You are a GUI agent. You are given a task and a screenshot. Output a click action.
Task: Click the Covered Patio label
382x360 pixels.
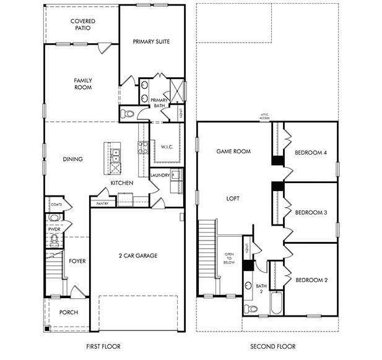[x=82, y=25]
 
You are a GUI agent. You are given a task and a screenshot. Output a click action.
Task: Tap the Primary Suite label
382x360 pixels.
[x=151, y=41]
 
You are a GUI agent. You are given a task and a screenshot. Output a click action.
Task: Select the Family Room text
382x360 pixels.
[x=82, y=84]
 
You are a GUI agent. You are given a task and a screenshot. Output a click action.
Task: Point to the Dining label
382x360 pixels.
[x=73, y=159]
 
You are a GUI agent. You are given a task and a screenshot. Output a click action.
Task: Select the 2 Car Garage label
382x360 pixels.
[x=137, y=255]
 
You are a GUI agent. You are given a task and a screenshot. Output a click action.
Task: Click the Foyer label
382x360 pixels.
[x=77, y=261]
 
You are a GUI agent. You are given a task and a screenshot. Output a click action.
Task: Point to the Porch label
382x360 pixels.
[x=68, y=312]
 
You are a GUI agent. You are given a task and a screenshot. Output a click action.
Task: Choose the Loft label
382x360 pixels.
[x=233, y=199]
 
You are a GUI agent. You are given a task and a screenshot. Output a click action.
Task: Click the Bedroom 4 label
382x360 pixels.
[x=311, y=153]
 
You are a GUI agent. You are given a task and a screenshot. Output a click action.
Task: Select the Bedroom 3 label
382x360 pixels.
[x=311, y=213]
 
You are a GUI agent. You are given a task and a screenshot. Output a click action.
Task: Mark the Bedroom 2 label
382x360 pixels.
[x=311, y=280]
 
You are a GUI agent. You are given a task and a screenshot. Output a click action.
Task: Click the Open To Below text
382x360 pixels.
[x=229, y=258]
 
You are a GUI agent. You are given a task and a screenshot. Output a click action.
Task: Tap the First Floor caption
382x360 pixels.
[x=103, y=346]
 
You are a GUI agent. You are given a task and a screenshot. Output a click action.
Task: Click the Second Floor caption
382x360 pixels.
[x=272, y=346]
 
